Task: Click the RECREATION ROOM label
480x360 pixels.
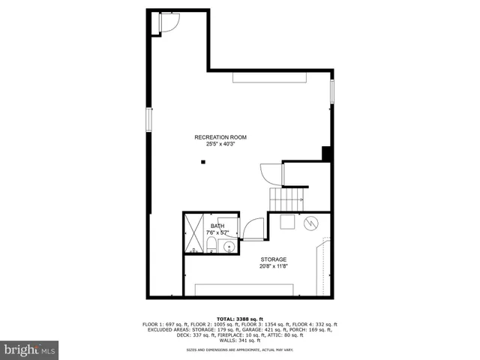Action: [220, 137]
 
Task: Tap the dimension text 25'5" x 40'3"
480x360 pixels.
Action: [220, 144]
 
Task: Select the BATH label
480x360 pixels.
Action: [217, 226]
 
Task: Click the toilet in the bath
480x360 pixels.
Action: [211, 245]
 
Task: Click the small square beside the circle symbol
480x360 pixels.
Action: [287, 221]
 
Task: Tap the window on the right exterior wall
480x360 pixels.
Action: [332, 90]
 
